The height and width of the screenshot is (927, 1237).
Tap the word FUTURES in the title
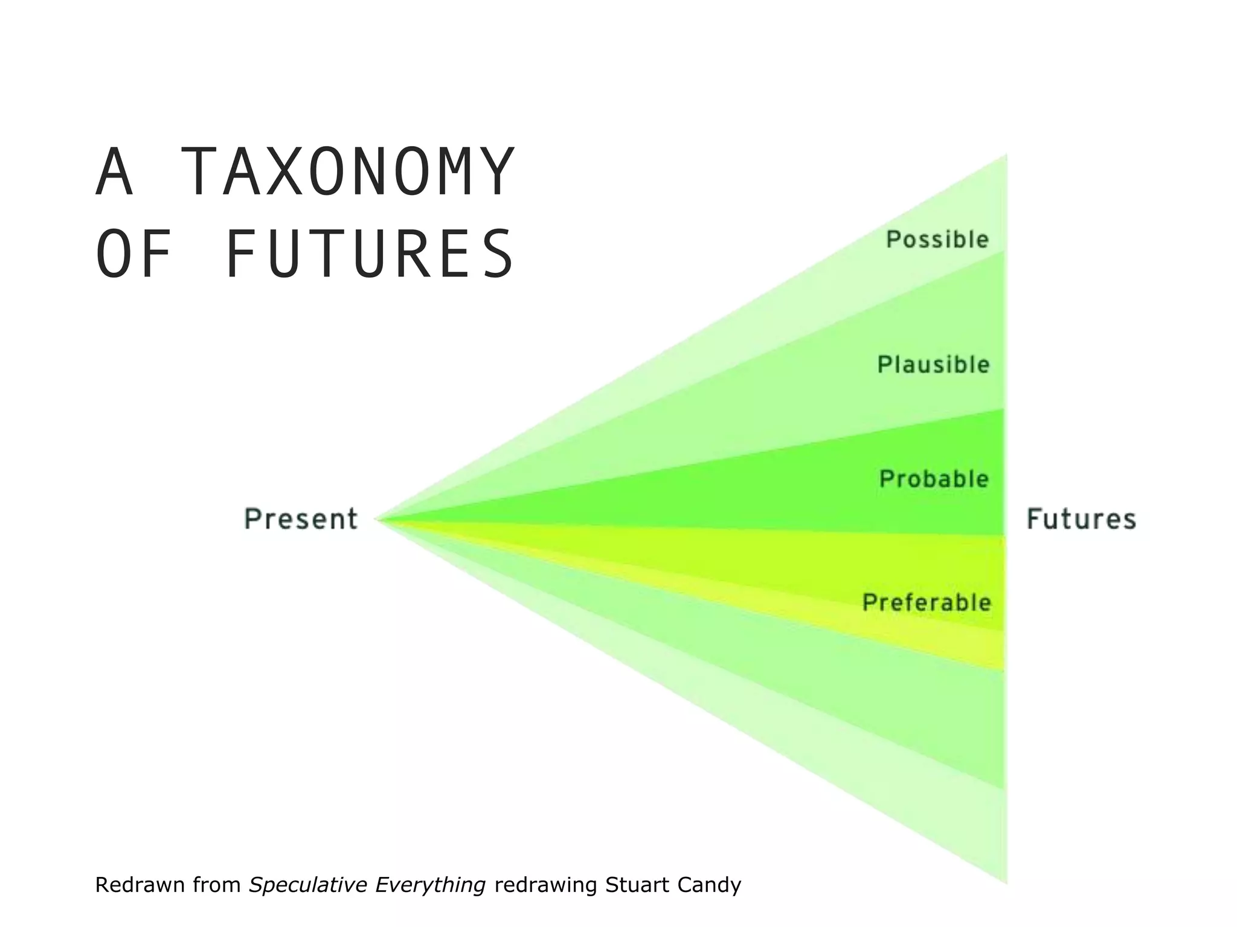point(369,254)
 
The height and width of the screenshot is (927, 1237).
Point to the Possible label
point(937,240)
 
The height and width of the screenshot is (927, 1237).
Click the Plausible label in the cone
point(933,365)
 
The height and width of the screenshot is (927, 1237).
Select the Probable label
point(934,479)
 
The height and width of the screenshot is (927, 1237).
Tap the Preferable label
point(927,602)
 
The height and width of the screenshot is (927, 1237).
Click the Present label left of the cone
point(301,519)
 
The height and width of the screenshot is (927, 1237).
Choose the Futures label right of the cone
point(1081,519)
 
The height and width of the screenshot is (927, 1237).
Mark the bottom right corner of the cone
point(1005,882)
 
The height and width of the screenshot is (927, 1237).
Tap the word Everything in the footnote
point(430,885)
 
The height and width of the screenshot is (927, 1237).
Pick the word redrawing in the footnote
point(545,885)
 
